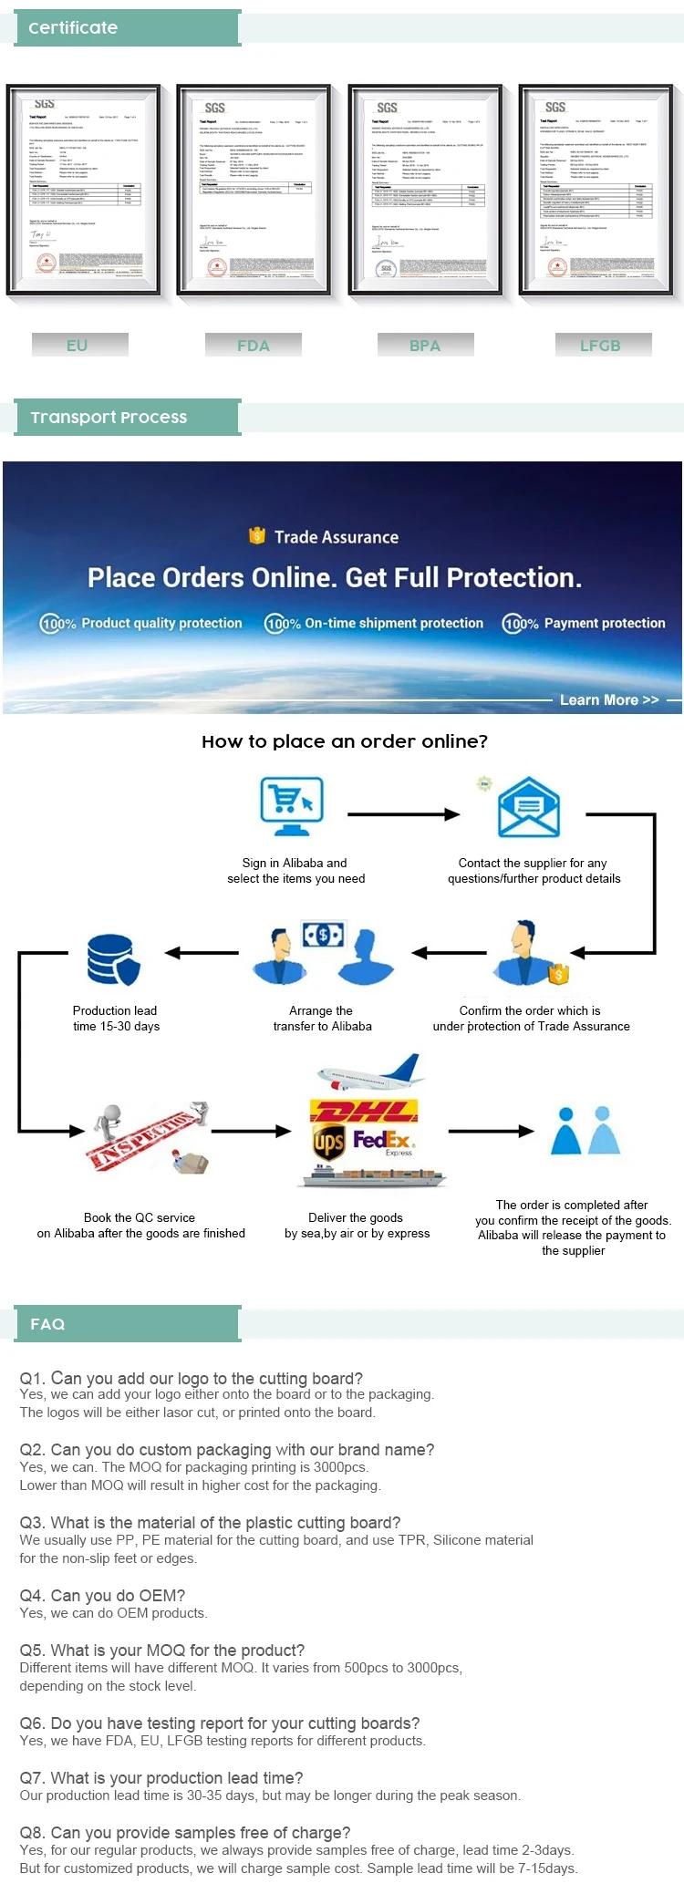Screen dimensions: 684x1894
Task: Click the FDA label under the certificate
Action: [253, 346]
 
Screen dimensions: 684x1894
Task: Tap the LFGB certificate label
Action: [600, 346]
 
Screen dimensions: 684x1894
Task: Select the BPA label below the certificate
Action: [425, 346]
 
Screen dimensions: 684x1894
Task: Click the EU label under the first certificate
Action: [78, 346]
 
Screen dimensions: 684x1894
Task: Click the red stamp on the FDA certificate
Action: [216, 267]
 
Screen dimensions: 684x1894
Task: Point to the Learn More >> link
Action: [608, 699]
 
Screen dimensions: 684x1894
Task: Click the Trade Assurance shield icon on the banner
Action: [257, 536]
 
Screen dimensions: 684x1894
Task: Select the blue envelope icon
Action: [528, 807]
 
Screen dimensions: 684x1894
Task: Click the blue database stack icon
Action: [114, 959]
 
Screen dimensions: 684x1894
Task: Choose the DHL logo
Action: [365, 1111]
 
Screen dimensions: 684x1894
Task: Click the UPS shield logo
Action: [328, 1142]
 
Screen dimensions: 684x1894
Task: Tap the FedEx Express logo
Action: [384, 1142]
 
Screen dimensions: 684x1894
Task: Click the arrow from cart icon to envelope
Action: [403, 814]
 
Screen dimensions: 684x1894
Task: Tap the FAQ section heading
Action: [47, 1324]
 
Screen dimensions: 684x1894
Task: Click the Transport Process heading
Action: [109, 418]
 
